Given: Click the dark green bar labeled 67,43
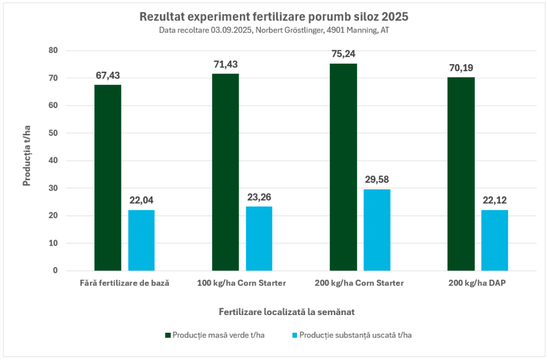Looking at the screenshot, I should [x=108, y=178].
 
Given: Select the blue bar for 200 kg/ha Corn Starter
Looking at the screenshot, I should [x=377, y=230].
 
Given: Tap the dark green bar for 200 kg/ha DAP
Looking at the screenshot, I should [x=461, y=174].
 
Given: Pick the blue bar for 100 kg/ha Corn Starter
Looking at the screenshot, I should [x=259, y=239].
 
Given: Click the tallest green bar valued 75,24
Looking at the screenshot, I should [x=343, y=167].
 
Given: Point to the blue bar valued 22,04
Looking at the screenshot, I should [x=141, y=240].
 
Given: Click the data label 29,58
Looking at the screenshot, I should [x=377, y=179].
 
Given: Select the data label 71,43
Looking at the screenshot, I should [x=225, y=64].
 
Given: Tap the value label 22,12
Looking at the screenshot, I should [x=494, y=201].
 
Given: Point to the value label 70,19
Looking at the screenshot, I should [x=461, y=68].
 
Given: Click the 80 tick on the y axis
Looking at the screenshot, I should [x=52, y=50].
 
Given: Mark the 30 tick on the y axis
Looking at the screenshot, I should [x=52, y=188].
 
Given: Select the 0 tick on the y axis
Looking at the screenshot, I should [x=55, y=271].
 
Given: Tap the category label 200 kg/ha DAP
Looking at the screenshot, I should [x=477, y=283].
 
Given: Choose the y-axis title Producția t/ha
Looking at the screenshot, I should [x=27, y=160].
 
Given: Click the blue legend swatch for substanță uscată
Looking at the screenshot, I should [x=294, y=335].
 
